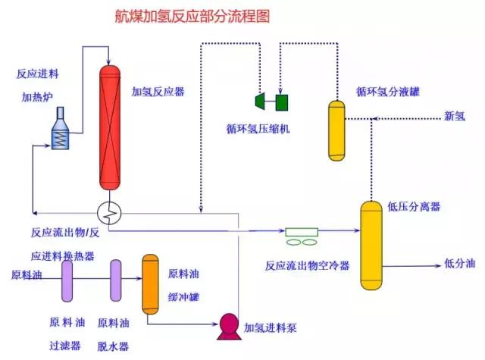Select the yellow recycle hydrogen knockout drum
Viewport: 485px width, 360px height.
[336, 130]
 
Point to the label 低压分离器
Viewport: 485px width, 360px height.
[414, 206]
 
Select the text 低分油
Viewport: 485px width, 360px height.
[459, 264]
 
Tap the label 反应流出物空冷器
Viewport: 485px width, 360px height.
[307, 266]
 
